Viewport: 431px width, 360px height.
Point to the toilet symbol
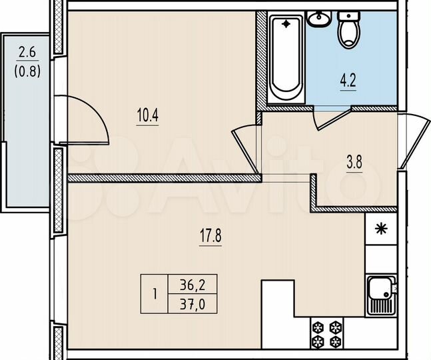click(348, 31)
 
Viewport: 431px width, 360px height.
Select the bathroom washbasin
click(318, 20)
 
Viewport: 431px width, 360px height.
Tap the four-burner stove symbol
click(327, 333)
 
